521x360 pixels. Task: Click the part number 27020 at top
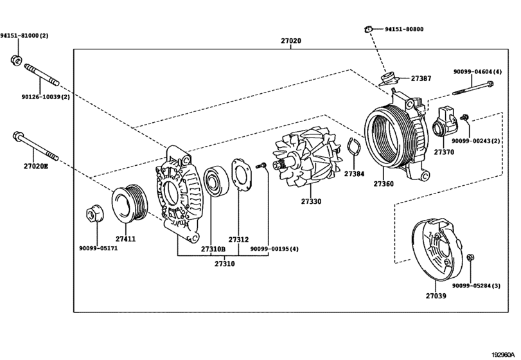click(x=290, y=40)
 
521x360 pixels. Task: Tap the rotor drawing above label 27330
click(x=306, y=164)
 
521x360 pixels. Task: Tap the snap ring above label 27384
click(x=354, y=150)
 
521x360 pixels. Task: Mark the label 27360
click(x=383, y=184)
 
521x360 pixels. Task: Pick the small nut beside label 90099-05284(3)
click(x=470, y=257)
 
